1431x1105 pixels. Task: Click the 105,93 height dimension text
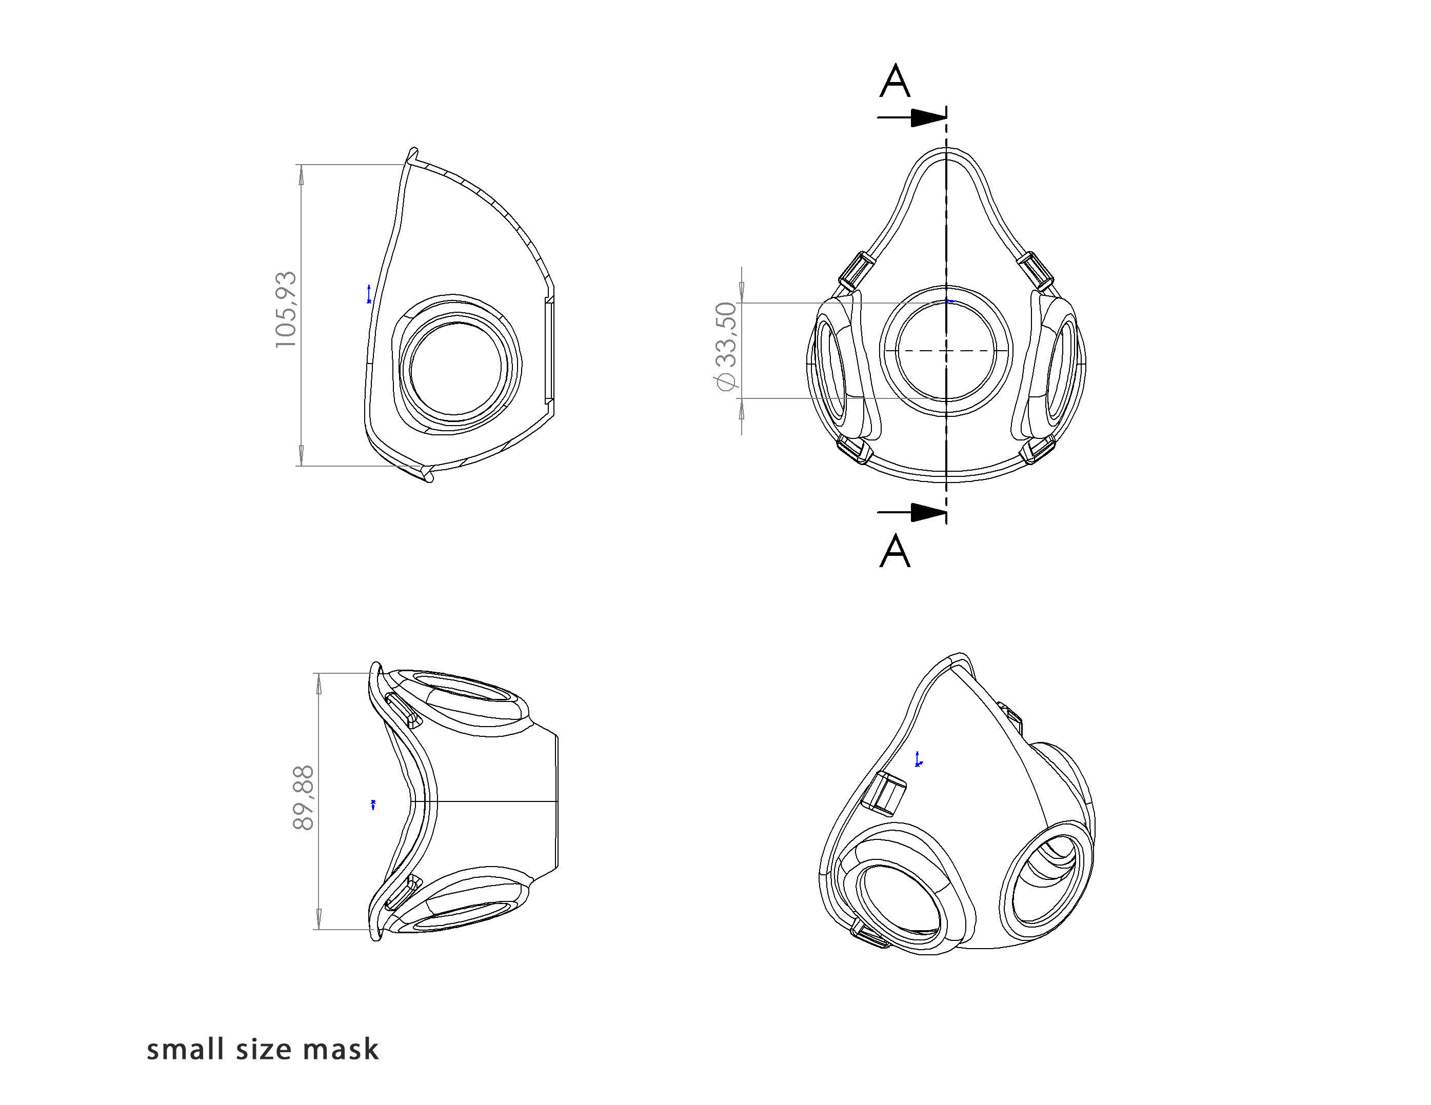(x=286, y=310)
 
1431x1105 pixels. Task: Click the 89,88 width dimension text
(x=303, y=798)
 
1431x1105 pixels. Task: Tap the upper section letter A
(x=895, y=82)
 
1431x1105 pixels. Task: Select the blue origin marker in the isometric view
(x=919, y=759)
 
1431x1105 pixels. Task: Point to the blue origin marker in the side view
(x=369, y=294)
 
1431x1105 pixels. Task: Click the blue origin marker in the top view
(x=373, y=805)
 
